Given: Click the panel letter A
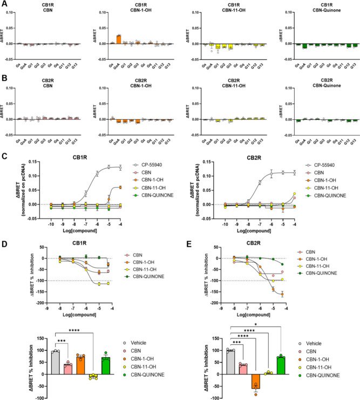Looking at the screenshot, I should point(4,4).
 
